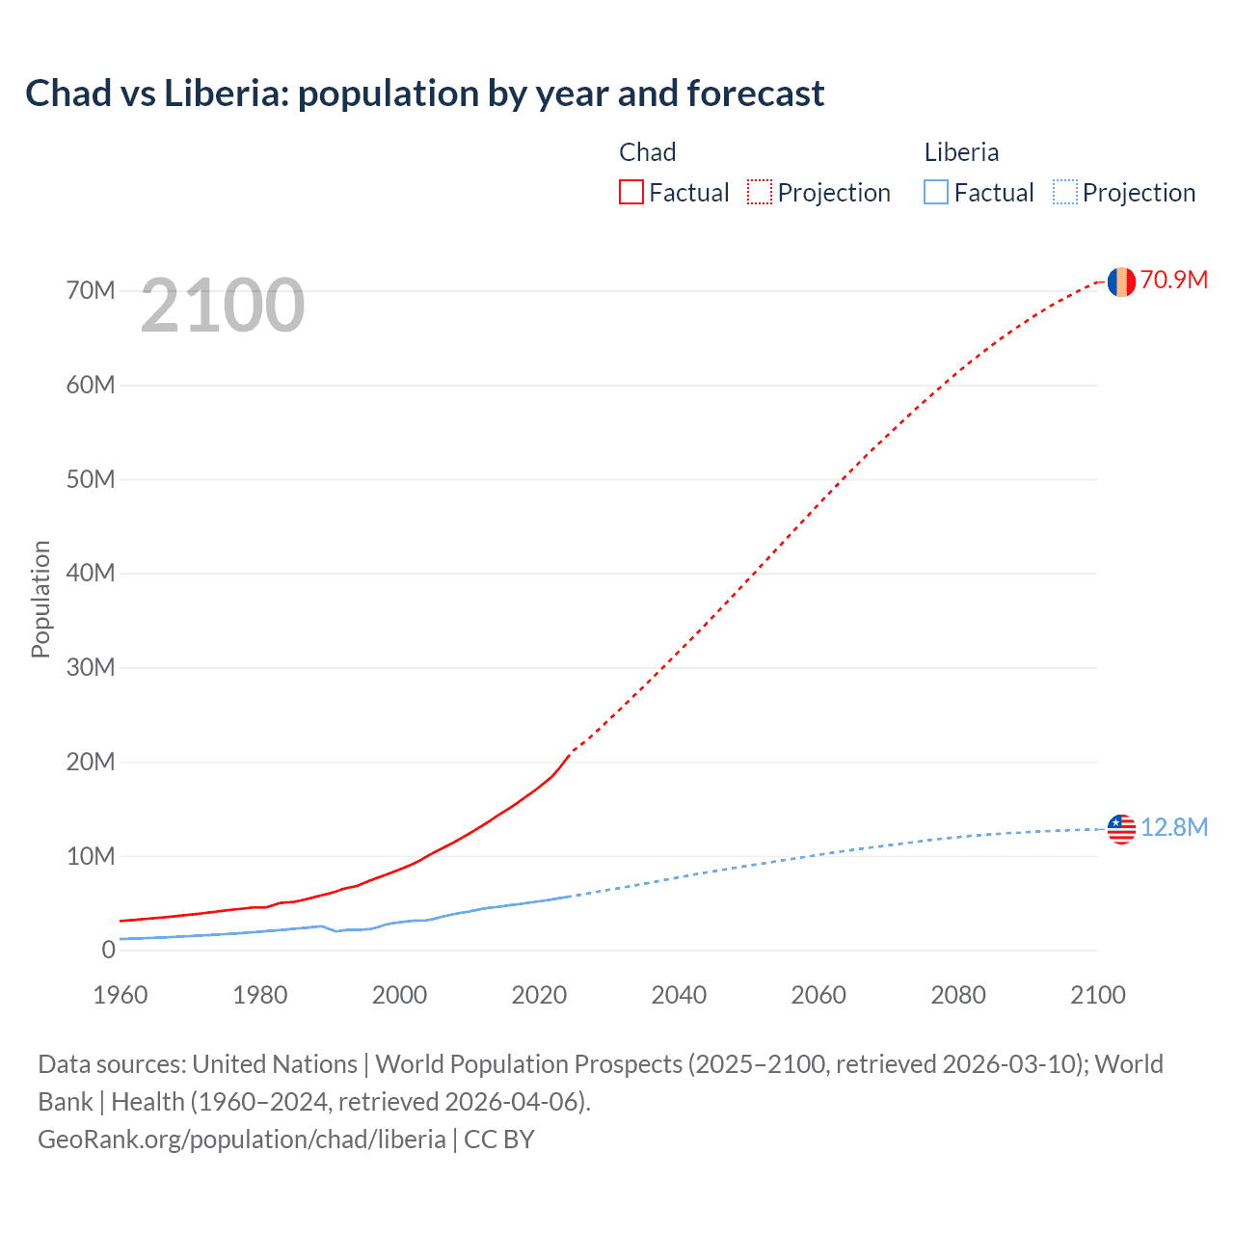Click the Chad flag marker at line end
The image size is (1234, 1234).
tap(1121, 282)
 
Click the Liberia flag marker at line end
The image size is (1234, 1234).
tap(1121, 828)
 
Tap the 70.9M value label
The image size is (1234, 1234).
tap(1173, 280)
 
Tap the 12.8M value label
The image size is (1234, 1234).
tap(1173, 827)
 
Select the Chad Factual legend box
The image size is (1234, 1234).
tap(631, 192)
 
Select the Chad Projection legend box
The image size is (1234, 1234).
tap(760, 192)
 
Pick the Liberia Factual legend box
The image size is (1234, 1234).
tap(936, 192)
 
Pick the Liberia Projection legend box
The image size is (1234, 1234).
tap(1065, 192)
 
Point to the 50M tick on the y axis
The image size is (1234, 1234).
tap(91, 479)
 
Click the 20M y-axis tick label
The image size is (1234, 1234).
tap(91, 762)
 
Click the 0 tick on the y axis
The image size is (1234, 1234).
tap(108, 950)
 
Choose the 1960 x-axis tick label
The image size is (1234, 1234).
tap(121, 995)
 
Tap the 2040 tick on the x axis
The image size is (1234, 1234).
tap(679, 995)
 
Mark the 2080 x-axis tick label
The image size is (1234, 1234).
tap(958, 995)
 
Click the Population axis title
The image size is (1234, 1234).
tap(40, 599)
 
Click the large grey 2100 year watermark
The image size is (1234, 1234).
tap(223, 306)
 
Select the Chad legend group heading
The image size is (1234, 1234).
tap(647, 152)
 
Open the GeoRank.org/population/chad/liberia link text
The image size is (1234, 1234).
tap(241, 1139)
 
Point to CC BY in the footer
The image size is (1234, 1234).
tap(498, 1139)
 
